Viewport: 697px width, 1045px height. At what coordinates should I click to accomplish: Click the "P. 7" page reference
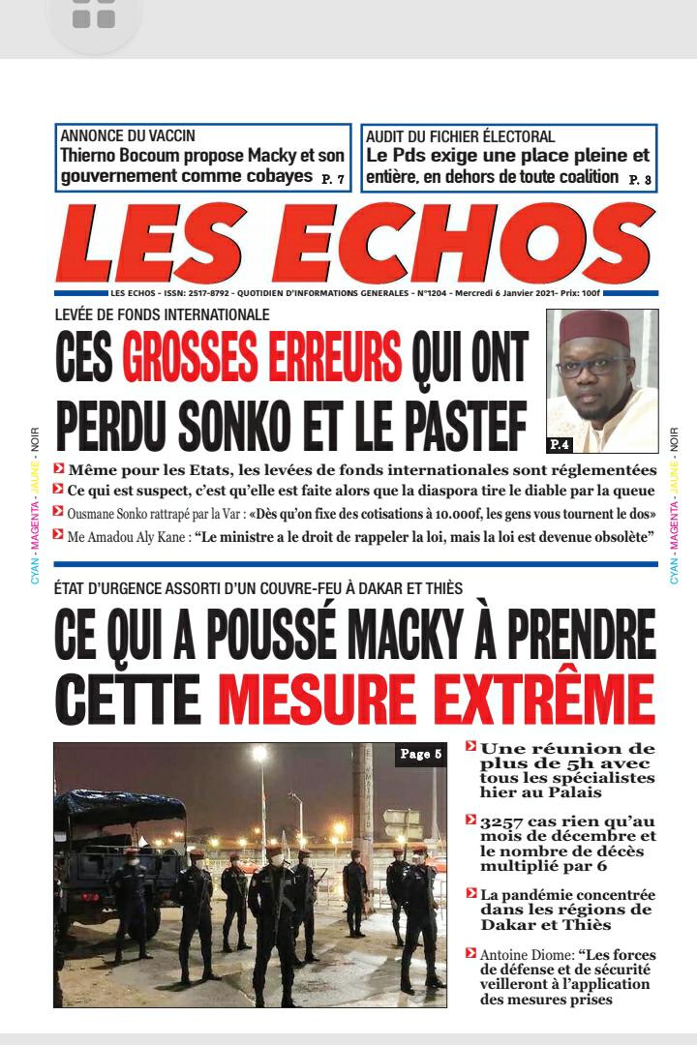point(332,179)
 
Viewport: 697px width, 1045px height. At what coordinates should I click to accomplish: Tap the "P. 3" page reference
point(640,179)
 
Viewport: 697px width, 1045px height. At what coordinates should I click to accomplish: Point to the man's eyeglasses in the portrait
point(593,365)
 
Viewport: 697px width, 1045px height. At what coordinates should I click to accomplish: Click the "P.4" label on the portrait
point(560,444)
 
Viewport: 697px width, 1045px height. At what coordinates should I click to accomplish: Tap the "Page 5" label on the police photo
point(420,754)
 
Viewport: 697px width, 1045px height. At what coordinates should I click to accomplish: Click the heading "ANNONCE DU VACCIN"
point(127,136)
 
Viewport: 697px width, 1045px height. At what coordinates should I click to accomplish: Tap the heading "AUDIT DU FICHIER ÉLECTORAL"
point(460,136)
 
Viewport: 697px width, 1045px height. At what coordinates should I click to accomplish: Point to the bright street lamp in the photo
point(259,754)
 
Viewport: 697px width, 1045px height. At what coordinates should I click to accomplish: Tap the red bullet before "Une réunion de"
point(470,746)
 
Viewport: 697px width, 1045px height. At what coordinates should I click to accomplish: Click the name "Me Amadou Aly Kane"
point(127,535)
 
